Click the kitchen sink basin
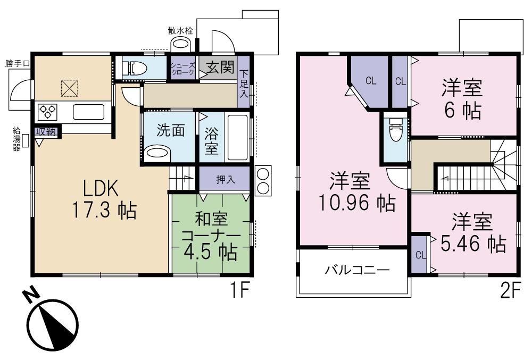pyautogui.click(x=88, y=112)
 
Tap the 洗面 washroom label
pyautogui.click(x=171, y=130)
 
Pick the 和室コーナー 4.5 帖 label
pyautogui.click(x=210, y=235)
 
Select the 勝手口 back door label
pyautogui.click(x=18, y=63)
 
